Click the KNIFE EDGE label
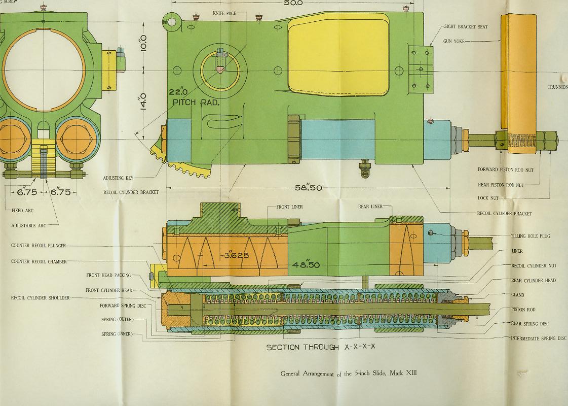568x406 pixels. [224, 13]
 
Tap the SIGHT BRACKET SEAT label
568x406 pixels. [466, 27]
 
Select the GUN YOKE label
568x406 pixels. [454, 42]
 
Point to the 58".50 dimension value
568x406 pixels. [308, 188]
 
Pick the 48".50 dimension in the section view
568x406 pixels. [306, 265]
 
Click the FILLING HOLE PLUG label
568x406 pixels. [531, 236]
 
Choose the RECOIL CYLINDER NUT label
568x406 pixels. [534, 266]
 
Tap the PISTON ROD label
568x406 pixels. [523, 310]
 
